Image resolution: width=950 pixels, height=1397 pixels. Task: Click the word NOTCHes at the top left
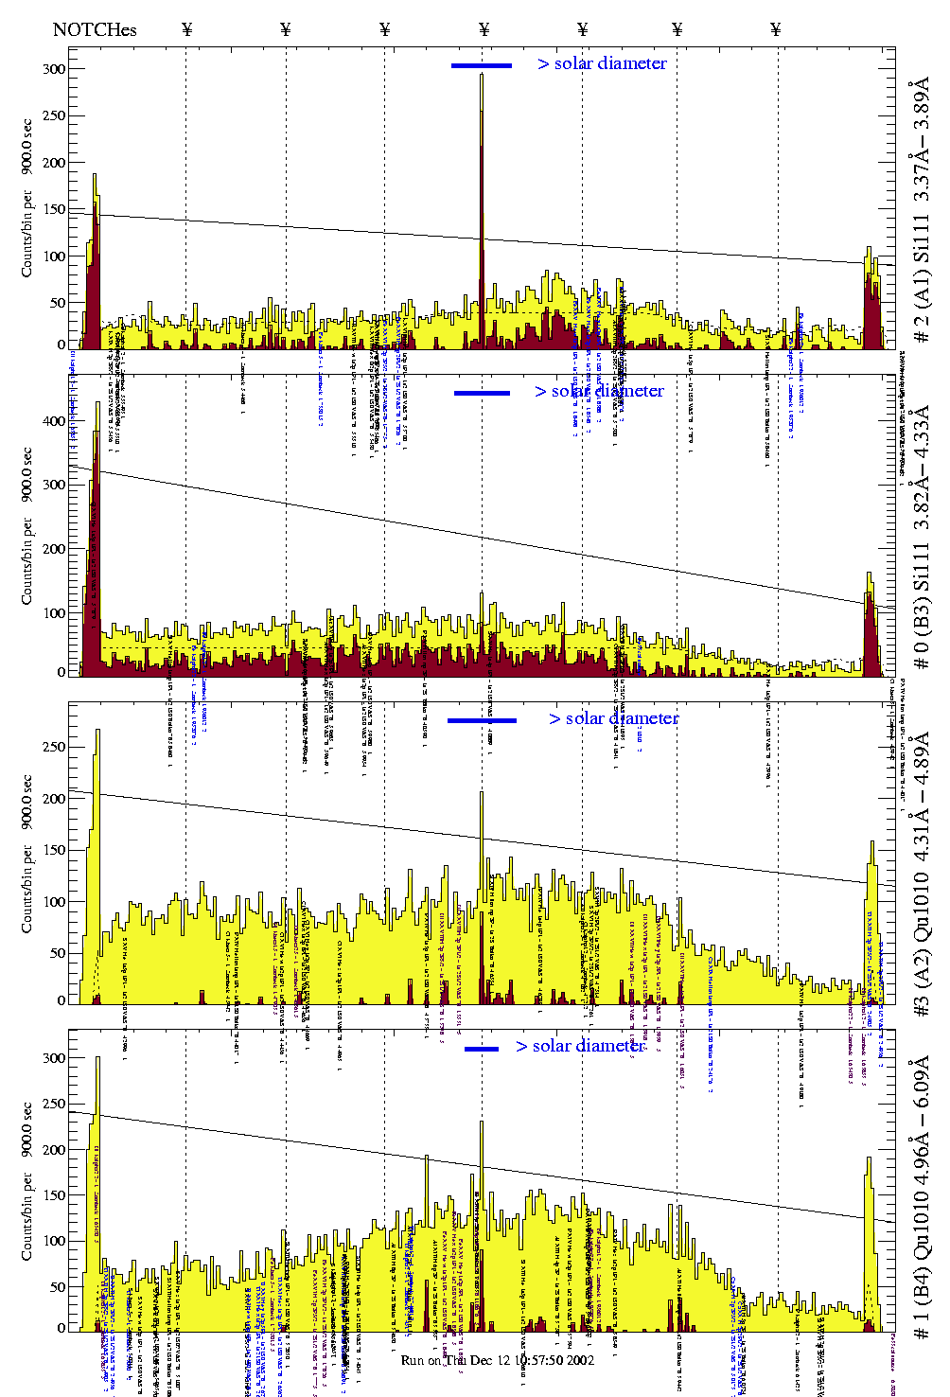click(x=95, y=29)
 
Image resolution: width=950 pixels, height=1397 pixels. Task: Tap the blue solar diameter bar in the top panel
click(x=482, y=65)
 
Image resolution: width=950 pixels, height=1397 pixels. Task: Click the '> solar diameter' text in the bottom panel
click(x=580, y=1046)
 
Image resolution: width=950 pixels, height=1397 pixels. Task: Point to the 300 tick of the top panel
click(x=54, y=69)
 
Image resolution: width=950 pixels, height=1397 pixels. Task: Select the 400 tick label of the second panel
click(x=54, y=421)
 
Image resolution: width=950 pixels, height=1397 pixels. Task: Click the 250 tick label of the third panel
click(x=54, y=747)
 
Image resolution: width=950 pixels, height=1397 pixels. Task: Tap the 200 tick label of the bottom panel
click(x=54, y=1150)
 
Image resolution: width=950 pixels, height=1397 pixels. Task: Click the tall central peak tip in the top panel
click(x=482, y=75)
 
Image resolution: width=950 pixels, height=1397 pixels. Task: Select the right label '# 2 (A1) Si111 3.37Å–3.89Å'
click(x=921, y=213)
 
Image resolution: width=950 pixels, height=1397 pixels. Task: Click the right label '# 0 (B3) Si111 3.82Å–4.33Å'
click(x=921, y=538)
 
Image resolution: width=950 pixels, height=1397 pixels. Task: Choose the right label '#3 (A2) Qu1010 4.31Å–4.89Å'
click(x=921, y=875)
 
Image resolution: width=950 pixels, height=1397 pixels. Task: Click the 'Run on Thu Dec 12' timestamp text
click(x=498, y=1360)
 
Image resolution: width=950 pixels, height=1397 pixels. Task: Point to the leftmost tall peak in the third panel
click(x=97, y=732)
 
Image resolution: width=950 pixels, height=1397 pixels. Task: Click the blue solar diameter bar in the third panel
click(x=482, y=720)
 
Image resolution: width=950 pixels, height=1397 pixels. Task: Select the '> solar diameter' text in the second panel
click(x=599, y=391)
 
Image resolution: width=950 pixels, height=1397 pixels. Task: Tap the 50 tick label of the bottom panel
click(x=58, y=1287)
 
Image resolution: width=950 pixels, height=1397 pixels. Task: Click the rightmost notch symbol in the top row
click(x=776, y=29)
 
